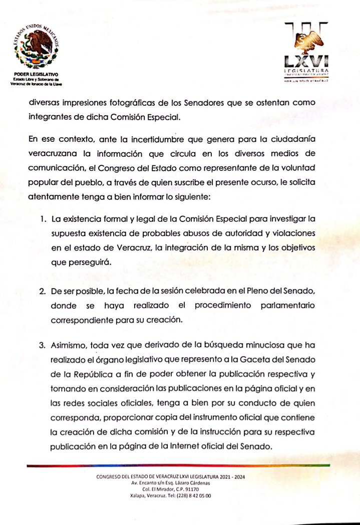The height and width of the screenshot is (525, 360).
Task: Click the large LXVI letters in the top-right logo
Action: click(x=306, y=61)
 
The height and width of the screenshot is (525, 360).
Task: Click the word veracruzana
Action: click(x=53, y=153)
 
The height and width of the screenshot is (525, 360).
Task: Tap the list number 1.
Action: click(x=44, y=219)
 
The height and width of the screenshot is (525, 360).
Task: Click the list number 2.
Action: click(x=44, y=291)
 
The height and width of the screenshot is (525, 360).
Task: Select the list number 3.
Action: click(x=44, y=345)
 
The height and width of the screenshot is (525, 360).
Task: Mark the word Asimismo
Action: click(x=69, y=345)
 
